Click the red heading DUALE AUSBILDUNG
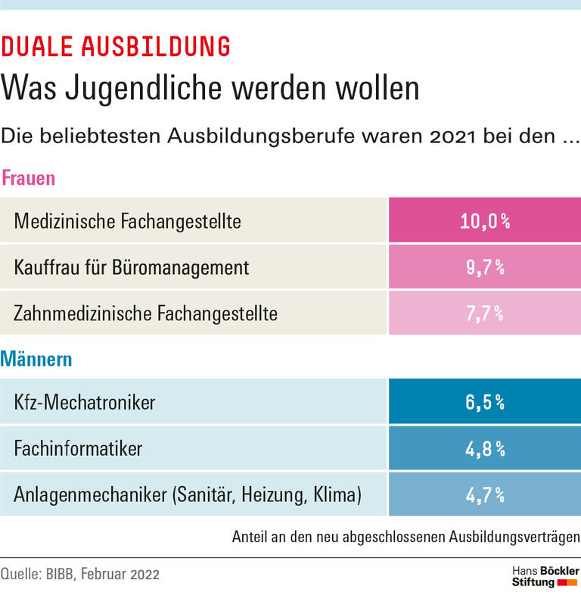point(116,47)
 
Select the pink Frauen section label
point(28,179)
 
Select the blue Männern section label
point(36,359)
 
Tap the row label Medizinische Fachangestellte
point(127,221)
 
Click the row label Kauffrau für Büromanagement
point(131,267)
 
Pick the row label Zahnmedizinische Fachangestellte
point(146,313)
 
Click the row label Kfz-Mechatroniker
point(84,402)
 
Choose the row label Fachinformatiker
point(78,448)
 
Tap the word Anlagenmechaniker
point(89,494)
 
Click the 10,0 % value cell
point(484,221)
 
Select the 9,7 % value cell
point(484,267)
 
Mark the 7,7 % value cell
point(484,313)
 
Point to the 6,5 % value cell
point(484,402)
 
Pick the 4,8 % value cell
point(484,448)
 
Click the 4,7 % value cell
point(484,494)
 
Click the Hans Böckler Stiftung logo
point(545,575)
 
